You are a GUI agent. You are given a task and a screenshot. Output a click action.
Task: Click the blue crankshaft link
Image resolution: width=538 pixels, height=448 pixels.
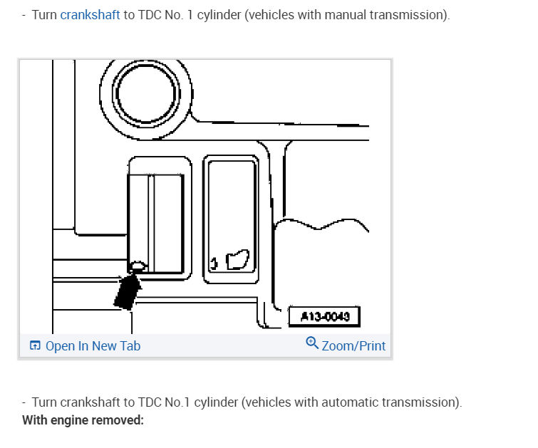point(90,15)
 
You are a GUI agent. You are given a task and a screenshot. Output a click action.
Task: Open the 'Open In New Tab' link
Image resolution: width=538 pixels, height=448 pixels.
point(93,346)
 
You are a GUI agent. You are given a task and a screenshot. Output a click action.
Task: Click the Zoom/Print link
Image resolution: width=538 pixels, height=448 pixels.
point(353,346)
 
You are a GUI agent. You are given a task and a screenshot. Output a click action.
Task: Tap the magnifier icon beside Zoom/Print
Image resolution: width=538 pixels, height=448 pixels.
point(311,343)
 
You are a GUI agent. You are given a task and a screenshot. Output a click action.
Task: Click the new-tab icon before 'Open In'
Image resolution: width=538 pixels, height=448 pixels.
point(36,346)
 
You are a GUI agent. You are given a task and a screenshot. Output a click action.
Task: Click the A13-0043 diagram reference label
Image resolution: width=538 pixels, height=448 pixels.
point(324,316)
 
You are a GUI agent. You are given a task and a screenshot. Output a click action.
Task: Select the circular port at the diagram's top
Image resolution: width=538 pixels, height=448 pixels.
point(146,92)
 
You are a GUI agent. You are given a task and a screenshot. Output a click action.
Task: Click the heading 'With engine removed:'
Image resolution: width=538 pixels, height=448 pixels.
point(83,420)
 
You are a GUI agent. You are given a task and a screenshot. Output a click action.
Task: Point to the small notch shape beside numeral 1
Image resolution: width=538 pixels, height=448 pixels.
point(237,259)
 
